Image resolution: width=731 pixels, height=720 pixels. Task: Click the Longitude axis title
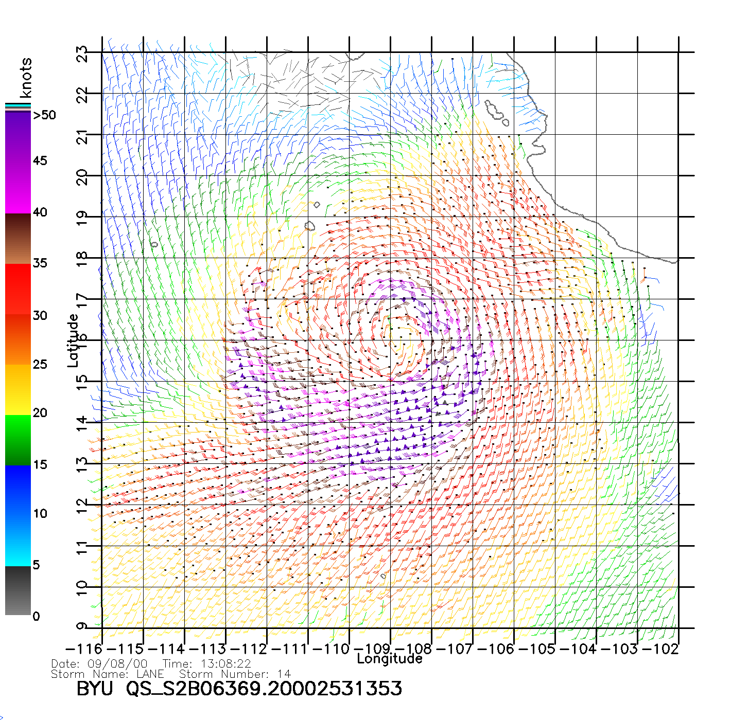tap(390, 659)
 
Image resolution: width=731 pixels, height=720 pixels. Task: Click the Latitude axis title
tap(73, 340)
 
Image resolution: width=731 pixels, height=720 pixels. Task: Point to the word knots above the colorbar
tap(26, 78)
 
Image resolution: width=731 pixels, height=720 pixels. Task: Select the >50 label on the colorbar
tap(45, 115)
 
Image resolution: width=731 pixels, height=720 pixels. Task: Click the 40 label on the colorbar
tap(40, 212)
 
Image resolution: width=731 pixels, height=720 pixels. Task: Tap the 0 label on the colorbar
tap(36, 616)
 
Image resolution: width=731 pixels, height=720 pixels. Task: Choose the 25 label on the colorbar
tap(40, 365)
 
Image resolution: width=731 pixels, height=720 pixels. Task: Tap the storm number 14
tap(284, 674)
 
